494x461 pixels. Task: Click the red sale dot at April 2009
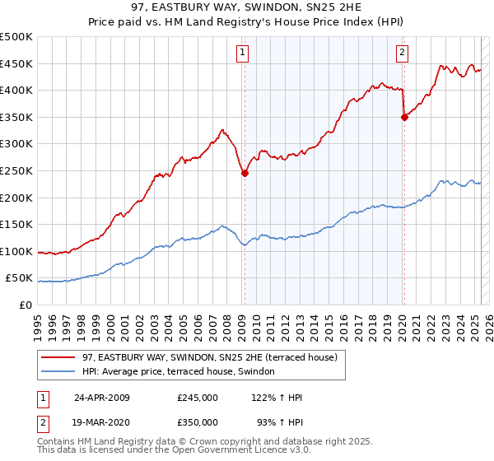pyautogui.click(x=245, y=174)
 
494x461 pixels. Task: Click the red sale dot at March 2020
pyautogui.click(x=404, y=118)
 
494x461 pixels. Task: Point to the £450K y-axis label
pyautogui.click(x=16, y=64)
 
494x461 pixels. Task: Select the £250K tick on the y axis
pyautogui.click(x=16, y=171)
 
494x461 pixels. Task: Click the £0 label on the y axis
pyautogui.click(x=26, y=305)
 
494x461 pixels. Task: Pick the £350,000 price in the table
pyautogui.click(x=198, y=422)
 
